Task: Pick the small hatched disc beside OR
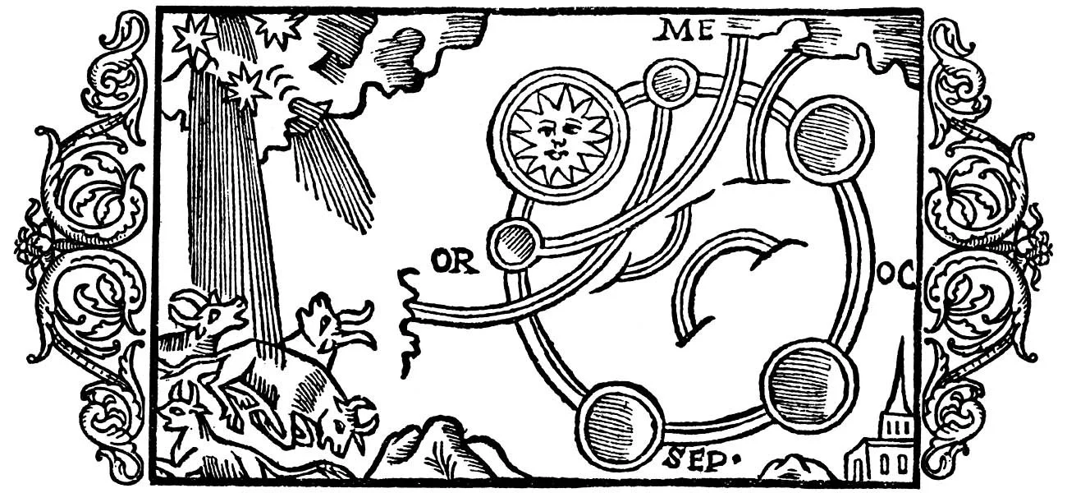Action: pyautogui.click(x=514, y=244)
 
